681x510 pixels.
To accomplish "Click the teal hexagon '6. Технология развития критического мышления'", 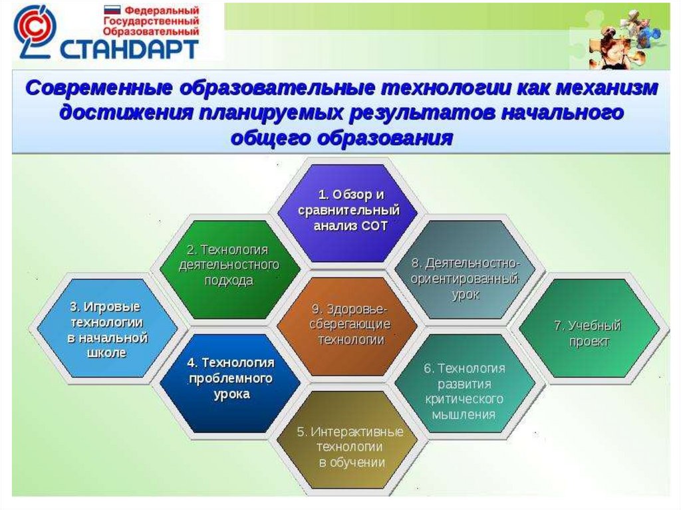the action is pos(465,383).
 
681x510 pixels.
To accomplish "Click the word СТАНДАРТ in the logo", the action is pos(129,49).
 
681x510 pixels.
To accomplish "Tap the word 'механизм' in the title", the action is pos(607,88).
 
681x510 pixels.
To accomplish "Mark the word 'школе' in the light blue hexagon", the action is pos(107,352).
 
